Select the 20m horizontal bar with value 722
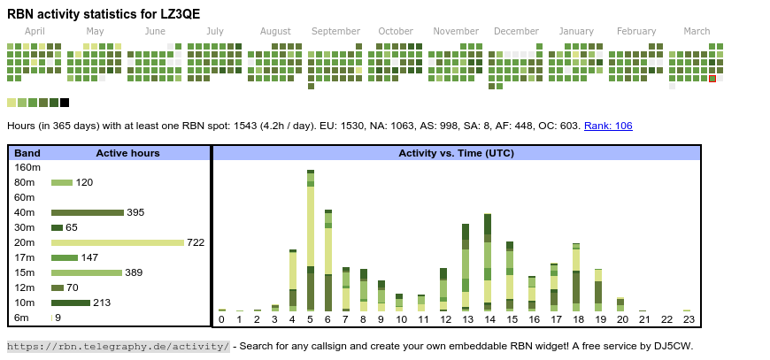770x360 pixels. click(117, 242)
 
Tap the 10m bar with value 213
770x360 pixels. click(71, 303)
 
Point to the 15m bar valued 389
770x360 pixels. click(86, 272)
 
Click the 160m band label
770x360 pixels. click(27, 167)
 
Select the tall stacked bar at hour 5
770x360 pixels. click(311, 239)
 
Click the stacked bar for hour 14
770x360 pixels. click(488, 262)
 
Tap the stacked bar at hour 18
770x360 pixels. click(576, 276)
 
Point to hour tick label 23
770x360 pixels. click(689, 319)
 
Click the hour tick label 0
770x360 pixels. click(221, 319)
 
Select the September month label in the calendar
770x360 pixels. click(335, 31)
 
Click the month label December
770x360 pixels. click(516, 31)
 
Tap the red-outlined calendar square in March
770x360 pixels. click(712, 79)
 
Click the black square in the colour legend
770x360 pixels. click(65, 103)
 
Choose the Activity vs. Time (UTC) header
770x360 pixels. click(456, 153)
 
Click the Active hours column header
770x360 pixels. click(127, 153)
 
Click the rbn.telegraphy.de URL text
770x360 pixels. click(118, 346)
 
